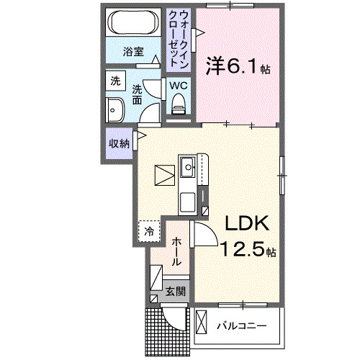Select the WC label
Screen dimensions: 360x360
(178, 85)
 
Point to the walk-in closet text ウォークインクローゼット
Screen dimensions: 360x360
(179, 37)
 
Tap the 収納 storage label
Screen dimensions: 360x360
(119, 143)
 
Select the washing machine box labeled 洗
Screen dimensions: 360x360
(115, 81)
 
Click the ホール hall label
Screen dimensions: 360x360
(176, 252)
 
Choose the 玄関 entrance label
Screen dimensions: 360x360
(175, 292)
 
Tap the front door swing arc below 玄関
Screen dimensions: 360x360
(174, 317)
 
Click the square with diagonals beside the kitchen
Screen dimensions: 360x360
(164, 175)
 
